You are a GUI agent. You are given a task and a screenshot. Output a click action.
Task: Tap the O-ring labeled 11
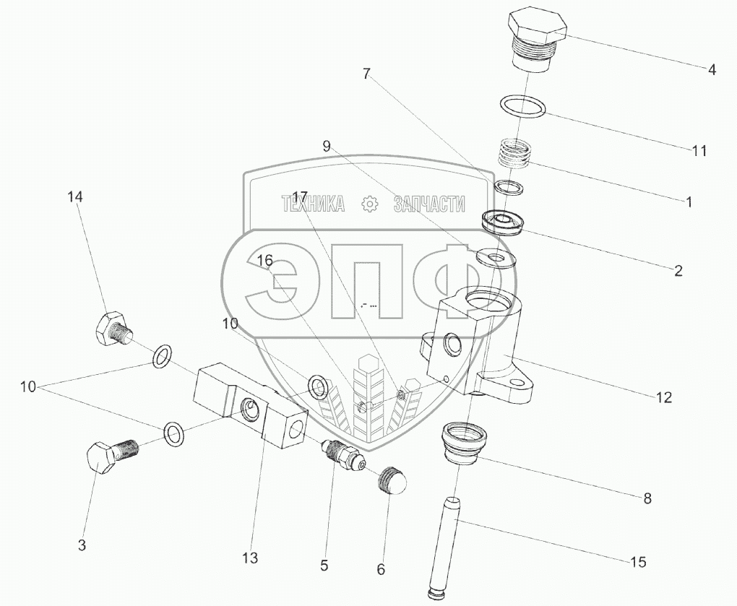(521, 106)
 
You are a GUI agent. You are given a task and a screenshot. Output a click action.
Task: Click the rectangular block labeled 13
(249, 410)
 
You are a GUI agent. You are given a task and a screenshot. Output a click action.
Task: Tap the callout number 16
(265, 260)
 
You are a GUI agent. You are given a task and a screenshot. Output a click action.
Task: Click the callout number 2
(678, 271)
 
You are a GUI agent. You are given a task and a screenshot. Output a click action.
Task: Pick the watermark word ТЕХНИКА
(313, 204)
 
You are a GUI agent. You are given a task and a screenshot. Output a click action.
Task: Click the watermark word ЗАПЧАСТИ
(428, 204)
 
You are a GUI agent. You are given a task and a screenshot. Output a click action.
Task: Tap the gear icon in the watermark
(369, 204)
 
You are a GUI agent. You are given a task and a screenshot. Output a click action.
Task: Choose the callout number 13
(250, 558)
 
